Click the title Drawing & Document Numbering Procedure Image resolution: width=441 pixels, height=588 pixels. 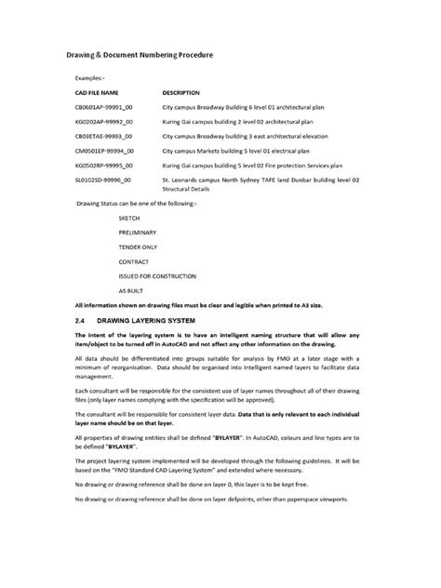(144, 56)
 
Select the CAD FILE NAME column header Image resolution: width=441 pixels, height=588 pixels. (97, 93)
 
